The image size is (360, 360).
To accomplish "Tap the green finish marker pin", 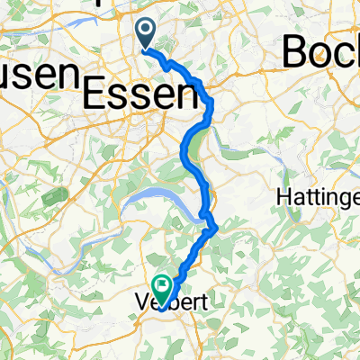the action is [163, 285].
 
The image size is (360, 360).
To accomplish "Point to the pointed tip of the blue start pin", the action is [146, 49].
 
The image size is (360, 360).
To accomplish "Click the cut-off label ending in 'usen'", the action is [35, 74].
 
